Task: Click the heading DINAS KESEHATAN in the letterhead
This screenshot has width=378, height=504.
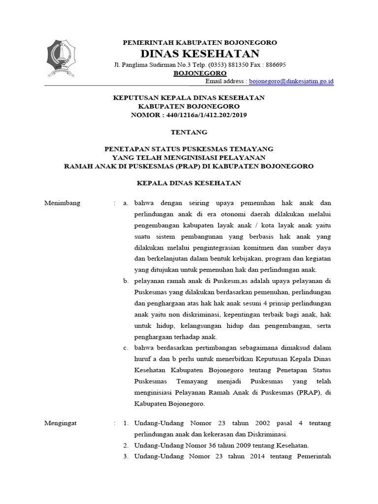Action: click(x=200, y=53)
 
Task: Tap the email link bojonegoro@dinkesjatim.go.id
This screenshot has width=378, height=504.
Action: click(x=292, y=81)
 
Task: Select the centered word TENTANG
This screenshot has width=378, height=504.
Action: click(x=189, y=132)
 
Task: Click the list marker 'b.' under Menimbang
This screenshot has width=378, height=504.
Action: click(x=126, y=281)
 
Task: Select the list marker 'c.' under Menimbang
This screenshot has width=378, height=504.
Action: click(x=126, y=348)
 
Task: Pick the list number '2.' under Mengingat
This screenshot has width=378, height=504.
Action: click(x=126, y=445)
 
